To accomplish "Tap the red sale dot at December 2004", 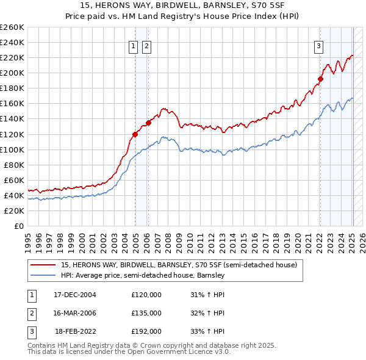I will click(135, 134).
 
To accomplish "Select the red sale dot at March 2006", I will click(148, 123).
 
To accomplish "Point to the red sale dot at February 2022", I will click(320, 78).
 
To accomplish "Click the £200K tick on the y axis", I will click(12, 73).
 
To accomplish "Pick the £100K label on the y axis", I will click(12, 149).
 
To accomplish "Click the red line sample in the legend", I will click(44, 265).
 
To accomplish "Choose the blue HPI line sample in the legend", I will click(44, 276).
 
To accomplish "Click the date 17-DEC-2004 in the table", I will click(75, 295).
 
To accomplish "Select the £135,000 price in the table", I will click(146, 313).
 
